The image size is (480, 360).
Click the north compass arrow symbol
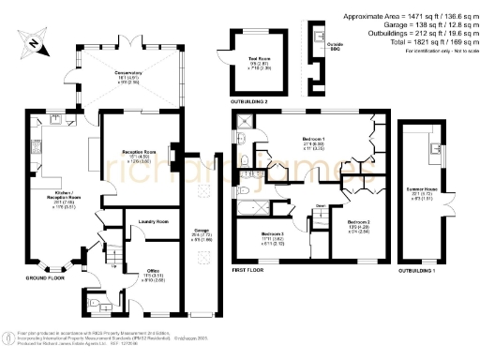[x=33, y=42]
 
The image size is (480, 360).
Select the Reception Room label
[x=137, y=153]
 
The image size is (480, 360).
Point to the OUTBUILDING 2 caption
[x=248, y=99]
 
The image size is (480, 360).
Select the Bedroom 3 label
[x=272, y=234]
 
